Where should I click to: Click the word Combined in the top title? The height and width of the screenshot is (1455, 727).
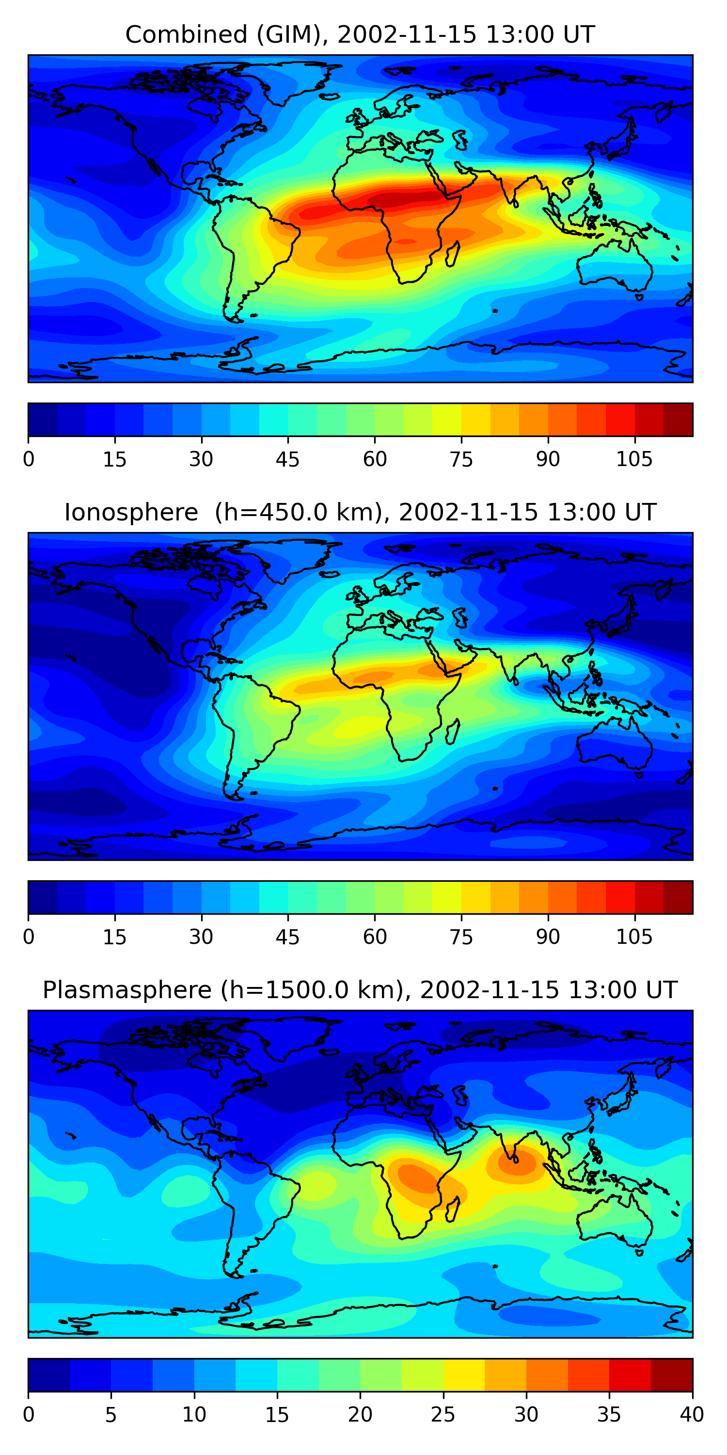point(186,35)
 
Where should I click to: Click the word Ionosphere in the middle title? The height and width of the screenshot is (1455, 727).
point(131,513)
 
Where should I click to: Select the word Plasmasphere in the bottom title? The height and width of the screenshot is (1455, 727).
point(127,991)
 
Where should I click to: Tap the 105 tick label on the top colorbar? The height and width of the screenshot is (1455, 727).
point(634,460)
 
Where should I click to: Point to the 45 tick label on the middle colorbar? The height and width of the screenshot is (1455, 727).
point(287,938)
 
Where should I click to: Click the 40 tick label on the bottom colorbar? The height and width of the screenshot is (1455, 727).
point(692,1415)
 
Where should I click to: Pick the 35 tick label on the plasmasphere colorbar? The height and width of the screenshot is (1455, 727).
point(609,1415)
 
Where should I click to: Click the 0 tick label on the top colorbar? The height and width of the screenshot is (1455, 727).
point(29,460)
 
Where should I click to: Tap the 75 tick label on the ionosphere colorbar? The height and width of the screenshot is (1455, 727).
point(461,938)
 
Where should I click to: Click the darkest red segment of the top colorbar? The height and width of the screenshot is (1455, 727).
point(678,420)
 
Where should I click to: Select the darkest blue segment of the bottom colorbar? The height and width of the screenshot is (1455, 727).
point(49,1375)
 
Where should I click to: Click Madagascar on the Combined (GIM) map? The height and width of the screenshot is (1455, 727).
point(453,255)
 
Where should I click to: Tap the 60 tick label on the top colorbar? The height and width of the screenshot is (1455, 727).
point(375,460)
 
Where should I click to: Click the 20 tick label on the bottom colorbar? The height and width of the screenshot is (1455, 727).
point(360,1415)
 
